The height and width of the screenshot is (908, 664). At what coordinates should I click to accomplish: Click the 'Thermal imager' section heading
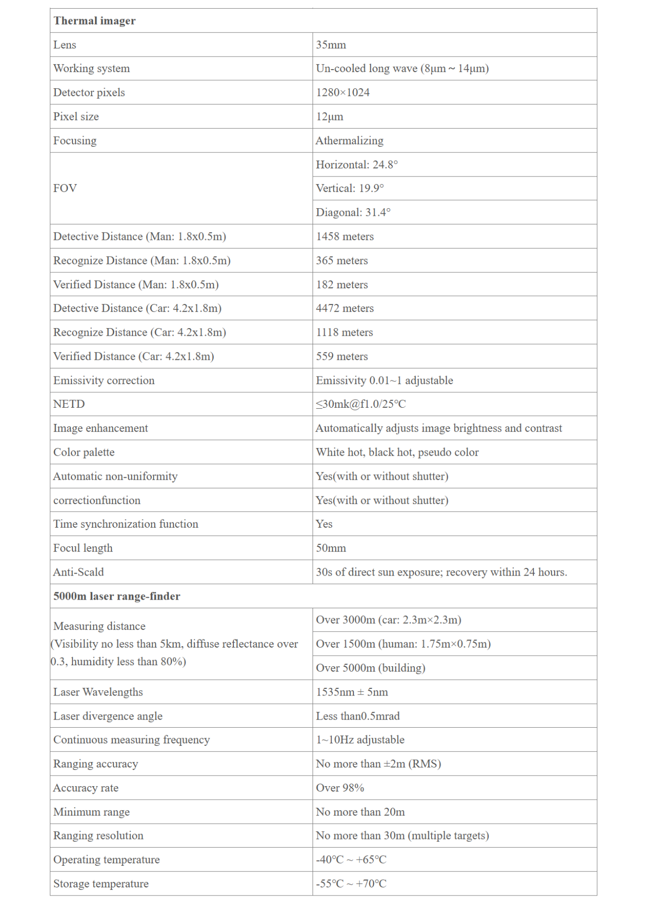point(95,21)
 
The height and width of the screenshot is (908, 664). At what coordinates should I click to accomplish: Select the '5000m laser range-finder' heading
point(117,596)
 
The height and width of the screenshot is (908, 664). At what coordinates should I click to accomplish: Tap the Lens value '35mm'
point(331,45)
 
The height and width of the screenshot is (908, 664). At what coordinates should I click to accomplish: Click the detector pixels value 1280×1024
point(343,93)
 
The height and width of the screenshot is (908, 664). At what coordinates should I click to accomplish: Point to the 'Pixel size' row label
point(76,117)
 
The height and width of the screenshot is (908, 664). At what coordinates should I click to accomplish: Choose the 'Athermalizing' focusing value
point(350,141)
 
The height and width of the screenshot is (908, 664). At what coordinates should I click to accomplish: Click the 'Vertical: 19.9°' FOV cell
point(350,188)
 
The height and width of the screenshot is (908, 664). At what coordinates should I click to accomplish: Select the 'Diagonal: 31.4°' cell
point(353,212)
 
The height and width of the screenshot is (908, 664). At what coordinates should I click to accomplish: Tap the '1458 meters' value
point(345,236)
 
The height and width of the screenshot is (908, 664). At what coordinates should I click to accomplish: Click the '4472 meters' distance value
point(345,308)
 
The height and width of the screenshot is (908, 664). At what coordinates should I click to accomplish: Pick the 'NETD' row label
point(69,404)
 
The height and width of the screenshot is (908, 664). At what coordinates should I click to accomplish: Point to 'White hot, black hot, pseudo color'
point(397,452)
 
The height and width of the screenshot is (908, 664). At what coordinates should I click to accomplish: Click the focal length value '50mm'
point(331,548)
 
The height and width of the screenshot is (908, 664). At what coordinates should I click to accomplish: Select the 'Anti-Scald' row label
point(78,572)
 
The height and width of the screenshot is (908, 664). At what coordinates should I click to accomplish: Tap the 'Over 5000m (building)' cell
point(371,668)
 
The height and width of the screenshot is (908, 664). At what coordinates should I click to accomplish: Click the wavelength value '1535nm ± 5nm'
point(352,692)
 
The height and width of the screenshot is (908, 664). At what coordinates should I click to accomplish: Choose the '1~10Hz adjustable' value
point(360,740)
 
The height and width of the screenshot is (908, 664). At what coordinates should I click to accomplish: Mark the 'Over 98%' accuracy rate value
point(340,788)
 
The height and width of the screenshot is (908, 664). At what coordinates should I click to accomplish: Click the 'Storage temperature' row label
point(101,884)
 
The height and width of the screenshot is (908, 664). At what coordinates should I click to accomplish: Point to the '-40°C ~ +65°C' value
point(351,860)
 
